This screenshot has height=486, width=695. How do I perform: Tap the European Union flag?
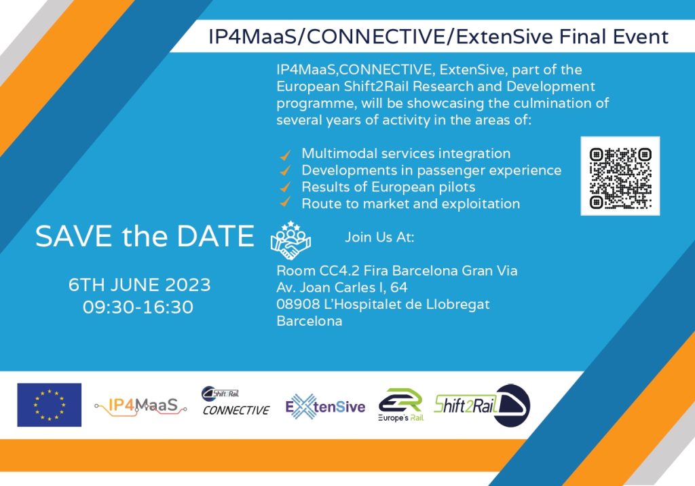click(x=49, y=405)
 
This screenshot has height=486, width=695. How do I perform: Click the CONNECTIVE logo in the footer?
click(x=236, y=401)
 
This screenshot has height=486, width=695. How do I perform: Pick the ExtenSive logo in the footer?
click(x=325, y=406)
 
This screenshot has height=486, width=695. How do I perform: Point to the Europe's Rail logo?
click(x=400, y=405)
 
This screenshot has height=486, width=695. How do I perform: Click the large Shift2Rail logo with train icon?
click(x=483, y=405)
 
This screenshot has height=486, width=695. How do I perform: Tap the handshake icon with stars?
click(x=290, y=240)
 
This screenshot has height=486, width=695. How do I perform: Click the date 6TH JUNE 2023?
click(x=139, y=284)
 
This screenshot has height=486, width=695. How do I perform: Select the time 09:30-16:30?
click(x=138, y=307)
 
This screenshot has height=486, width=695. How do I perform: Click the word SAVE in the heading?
click(x=73, y=236)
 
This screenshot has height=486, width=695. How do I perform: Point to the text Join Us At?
click(x=379, y=238)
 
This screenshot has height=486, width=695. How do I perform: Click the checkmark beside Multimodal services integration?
click(x=286, y=155)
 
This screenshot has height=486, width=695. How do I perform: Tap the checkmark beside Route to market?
click(x=286, y=202)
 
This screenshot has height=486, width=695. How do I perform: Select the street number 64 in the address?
click(x=399, y=287)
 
